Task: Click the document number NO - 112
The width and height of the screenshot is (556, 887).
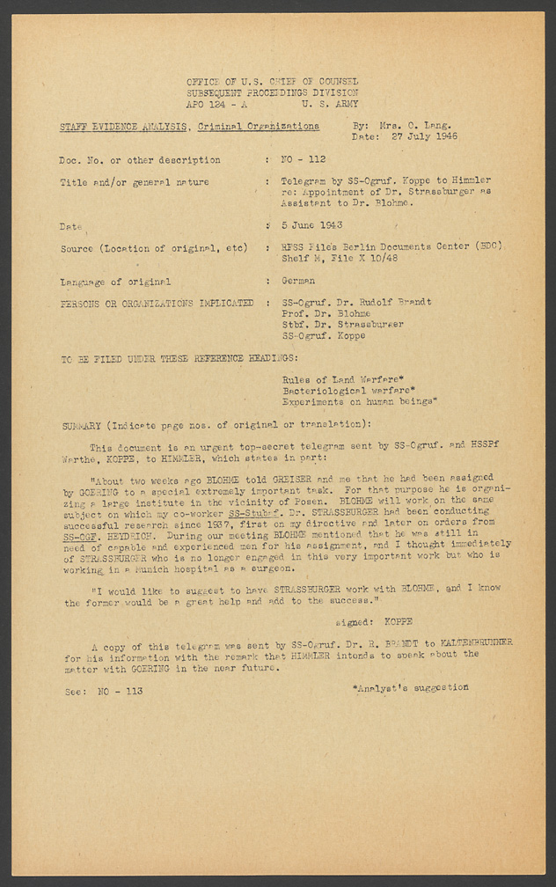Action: tap(303, 160)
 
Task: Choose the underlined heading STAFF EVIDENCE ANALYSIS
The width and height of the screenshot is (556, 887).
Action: tap(123, 127)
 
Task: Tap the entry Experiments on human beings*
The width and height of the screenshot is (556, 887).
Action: tap(359, 402)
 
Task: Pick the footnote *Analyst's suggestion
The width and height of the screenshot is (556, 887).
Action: tap(409, 687)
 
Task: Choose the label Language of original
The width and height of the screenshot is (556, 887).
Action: tap(114, 282)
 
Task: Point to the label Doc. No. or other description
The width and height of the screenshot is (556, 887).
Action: tap(139, 160)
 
